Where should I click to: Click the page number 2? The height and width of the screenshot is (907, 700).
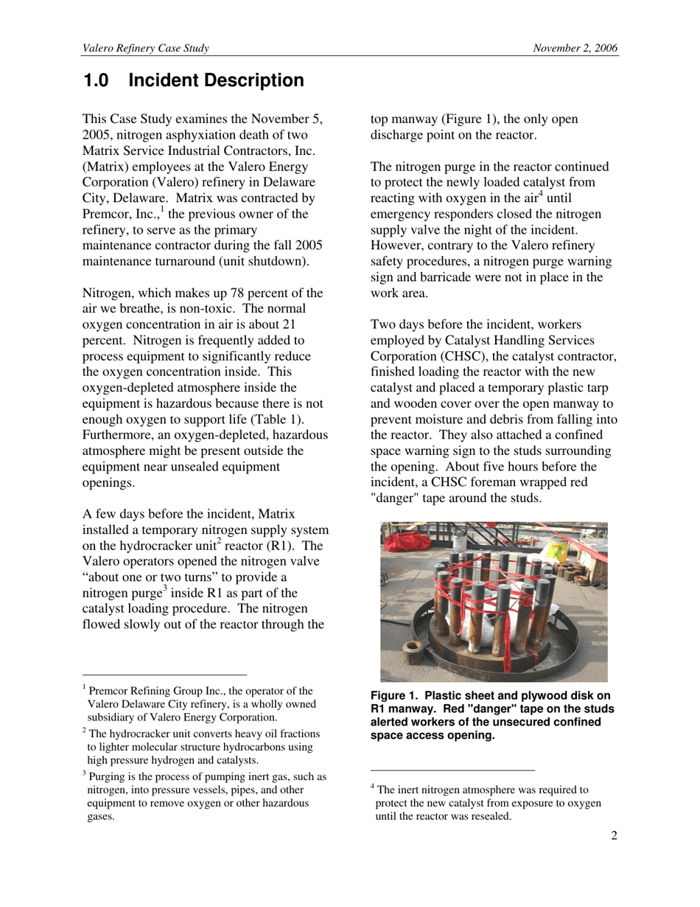(614, 835)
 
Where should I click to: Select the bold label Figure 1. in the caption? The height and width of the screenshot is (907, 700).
(394, 696)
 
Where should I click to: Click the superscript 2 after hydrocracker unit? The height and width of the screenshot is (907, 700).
(219, 542)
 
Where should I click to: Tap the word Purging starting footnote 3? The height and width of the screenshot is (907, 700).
(108, 776)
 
